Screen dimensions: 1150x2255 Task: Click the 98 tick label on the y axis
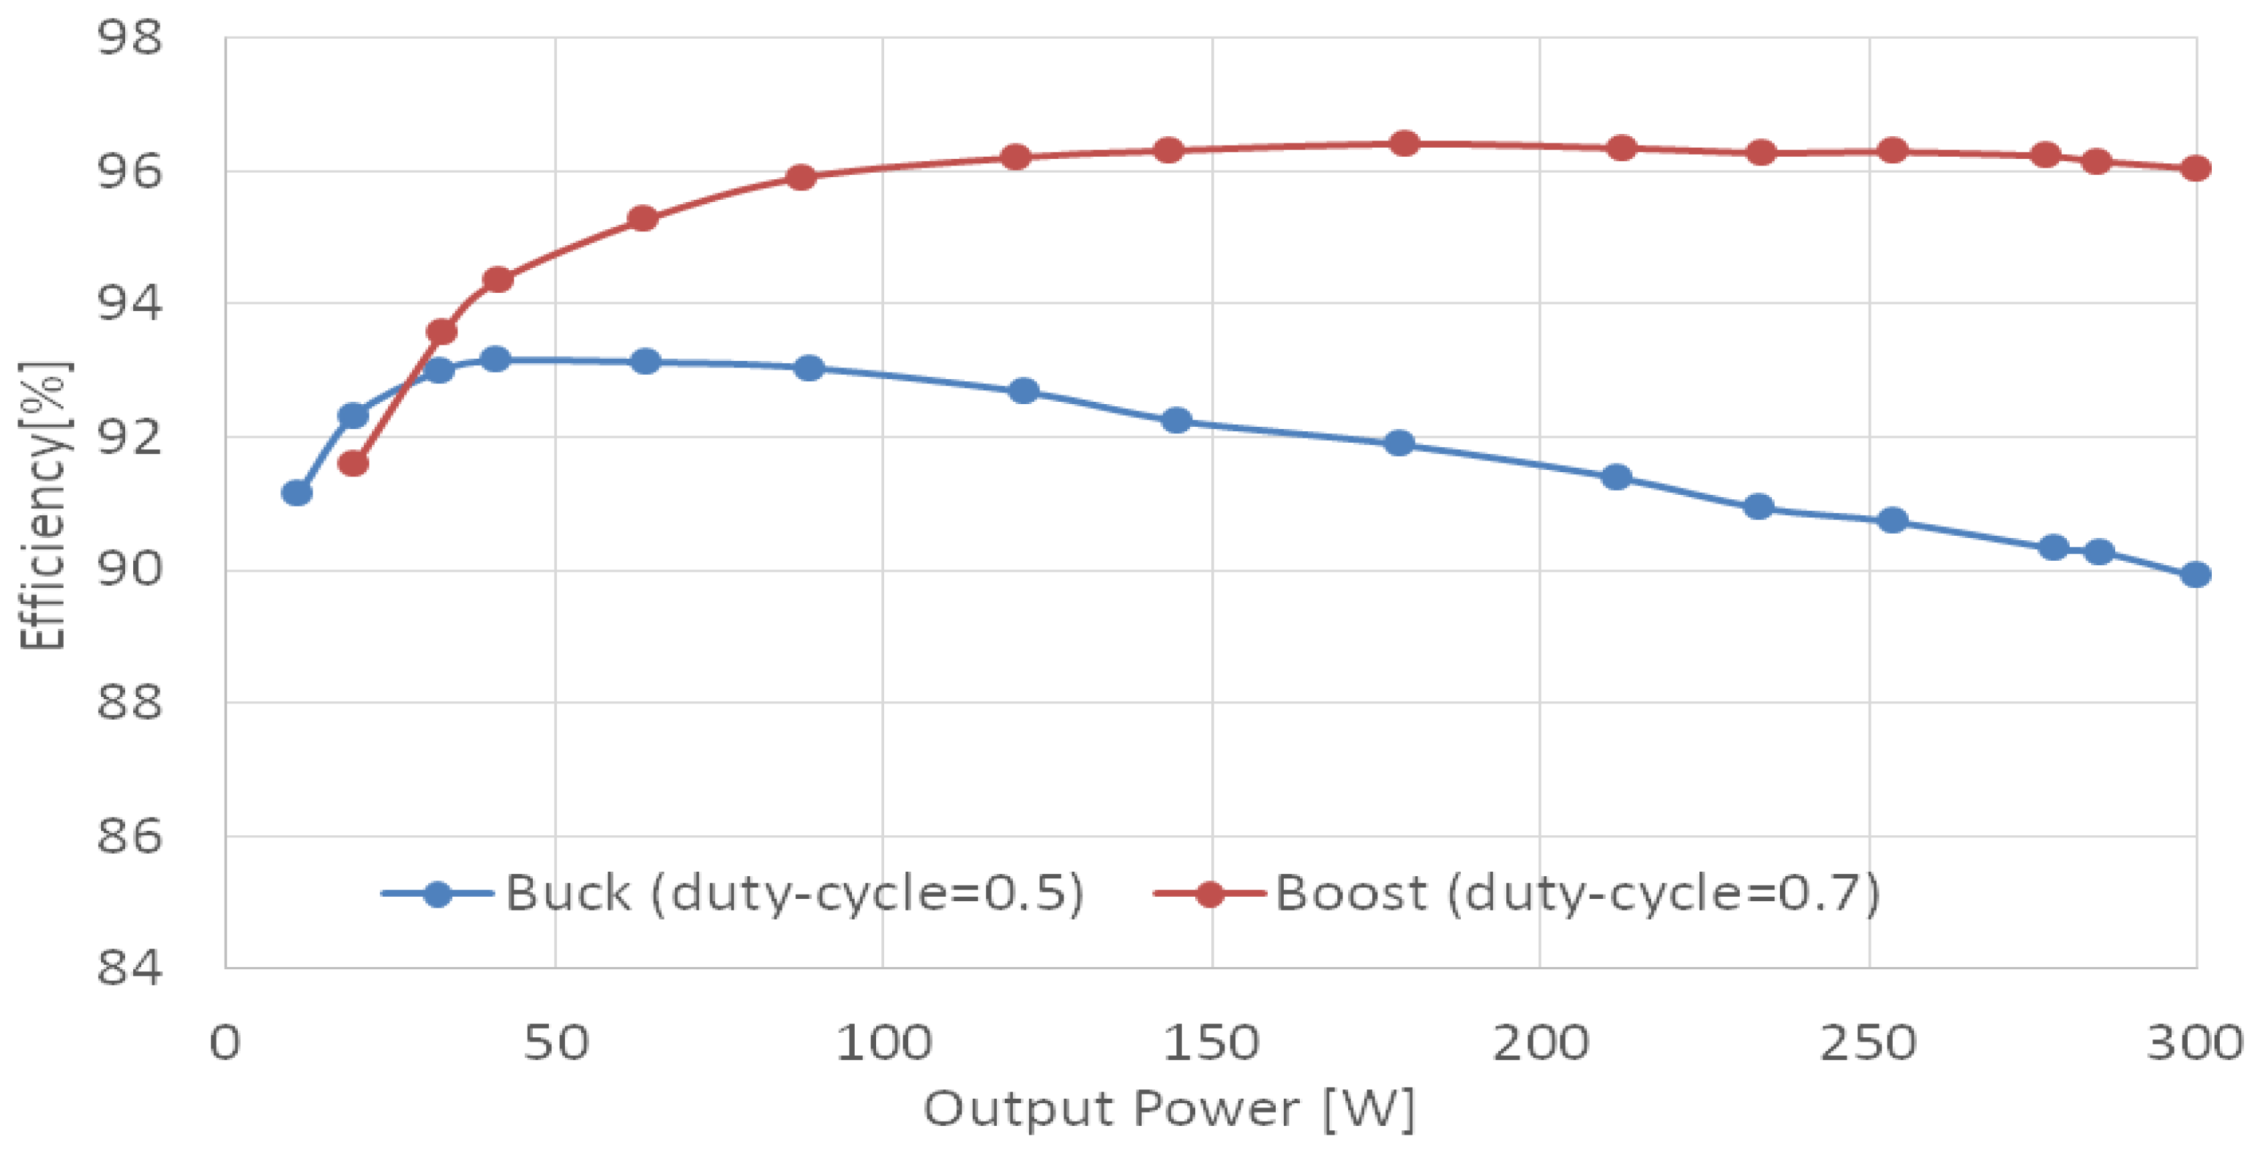pos(130,39)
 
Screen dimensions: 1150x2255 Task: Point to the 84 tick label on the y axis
pos(130,968)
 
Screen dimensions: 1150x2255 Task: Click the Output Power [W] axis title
pos(1169,1109)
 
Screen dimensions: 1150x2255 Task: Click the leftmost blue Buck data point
pos(296,493)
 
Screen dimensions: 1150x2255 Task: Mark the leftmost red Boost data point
pos(353,463)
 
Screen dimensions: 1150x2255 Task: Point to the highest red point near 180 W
pos(1404,143)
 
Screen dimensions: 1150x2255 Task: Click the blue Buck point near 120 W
pos(1023,390)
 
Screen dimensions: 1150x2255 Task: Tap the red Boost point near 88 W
pos(800,178)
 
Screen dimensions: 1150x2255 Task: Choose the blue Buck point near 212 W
pos(1616,477)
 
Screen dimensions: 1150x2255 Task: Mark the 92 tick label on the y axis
pos(130,437)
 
